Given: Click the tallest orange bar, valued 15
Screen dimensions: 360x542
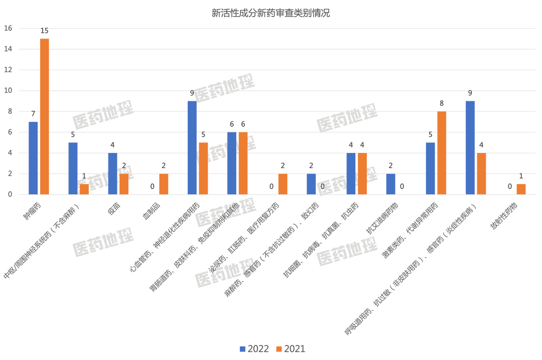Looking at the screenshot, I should coord(44,116).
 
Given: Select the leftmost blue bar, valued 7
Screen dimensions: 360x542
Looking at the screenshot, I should coord(33,157).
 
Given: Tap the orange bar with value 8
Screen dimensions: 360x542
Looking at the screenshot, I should coord(442,152).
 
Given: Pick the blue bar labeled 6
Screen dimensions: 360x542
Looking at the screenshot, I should coord(231,163).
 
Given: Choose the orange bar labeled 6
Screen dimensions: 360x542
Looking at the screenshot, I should coord(243,163).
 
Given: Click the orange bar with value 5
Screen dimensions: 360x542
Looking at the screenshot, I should coord(203,168).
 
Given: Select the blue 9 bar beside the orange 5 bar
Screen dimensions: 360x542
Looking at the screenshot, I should coord(192,147).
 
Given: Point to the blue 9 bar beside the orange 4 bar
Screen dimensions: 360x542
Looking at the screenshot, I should coord(470,147).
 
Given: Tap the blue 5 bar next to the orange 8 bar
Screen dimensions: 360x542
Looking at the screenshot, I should coord(430,168).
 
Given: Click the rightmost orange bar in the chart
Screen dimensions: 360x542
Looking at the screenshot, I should coord(521,189).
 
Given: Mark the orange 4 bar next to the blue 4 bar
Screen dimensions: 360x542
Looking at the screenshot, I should coord(362,173).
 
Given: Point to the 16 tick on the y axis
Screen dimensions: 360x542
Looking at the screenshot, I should coord(8,28).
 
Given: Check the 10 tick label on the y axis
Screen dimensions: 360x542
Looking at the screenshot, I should coord(8,91).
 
